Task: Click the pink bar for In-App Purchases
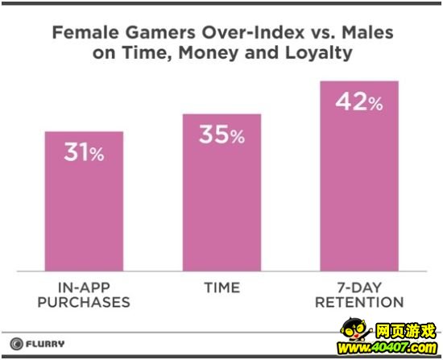[84, 201]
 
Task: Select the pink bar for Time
[221, 192]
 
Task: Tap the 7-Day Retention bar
[359, 176]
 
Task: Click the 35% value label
[221, 134]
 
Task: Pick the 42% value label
[359, 101]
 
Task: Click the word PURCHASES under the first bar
[84, 302]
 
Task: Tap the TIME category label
[222, 288]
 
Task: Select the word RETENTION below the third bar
[359, 302]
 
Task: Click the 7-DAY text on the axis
[359, 288]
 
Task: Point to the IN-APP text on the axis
[84, 288]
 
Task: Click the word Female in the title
[85, 32]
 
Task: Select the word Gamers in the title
[160, 32]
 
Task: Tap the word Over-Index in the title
[253, 32]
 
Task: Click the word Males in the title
[367, 32]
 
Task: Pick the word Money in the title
[209, 53]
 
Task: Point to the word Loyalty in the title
[319, 53]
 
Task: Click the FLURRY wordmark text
[45, 344]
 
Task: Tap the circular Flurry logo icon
[16, 344]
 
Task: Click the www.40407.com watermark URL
[387, 348]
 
